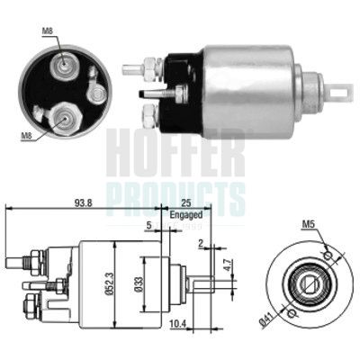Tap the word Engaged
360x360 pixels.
(185, 216)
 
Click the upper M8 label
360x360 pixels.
(47, 32)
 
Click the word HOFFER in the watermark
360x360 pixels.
(175, 153)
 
